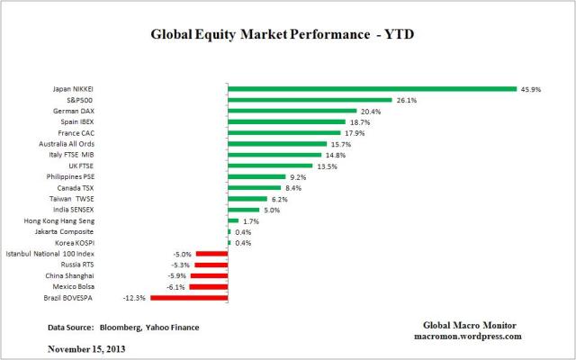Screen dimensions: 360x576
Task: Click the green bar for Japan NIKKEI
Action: click(372, 88)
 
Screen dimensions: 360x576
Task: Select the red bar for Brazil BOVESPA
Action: click(189, 296)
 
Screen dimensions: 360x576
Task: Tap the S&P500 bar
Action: click(310, 100)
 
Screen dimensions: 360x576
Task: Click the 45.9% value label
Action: click(530, 88)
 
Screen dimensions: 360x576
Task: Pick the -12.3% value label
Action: click(136, 296)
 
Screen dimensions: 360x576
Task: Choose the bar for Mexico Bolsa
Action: click(209, 285)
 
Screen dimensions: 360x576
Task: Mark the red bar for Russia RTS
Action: click(211, 264)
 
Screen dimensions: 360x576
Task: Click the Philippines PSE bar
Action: click(256, 176)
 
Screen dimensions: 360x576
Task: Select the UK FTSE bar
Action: click(270, 166)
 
